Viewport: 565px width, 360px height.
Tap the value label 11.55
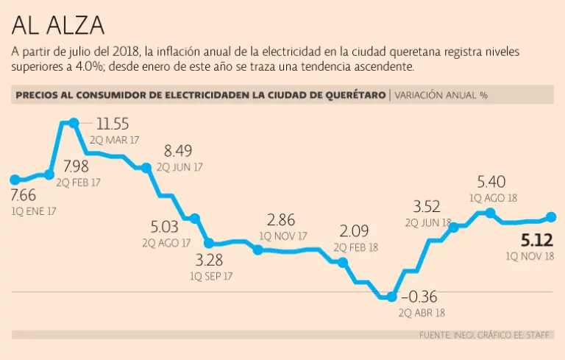pyautogui.click(x=113, y=124)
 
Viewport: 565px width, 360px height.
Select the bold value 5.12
pyautogui.click(x=537, y=240)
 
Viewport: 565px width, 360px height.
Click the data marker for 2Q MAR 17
pyautogui.click(x=74, y=123)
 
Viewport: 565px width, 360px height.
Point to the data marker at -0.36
pyautogui.click(x=391, y=297)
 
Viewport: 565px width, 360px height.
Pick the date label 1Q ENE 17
pyautogui.click(x=34, y=211)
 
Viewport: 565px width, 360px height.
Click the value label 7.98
pyautogui.click(x=77, y=166)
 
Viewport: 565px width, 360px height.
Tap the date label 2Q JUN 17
pyautogui.click(x=177, y=167)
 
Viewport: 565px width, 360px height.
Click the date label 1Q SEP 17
pyautogui.click(x=211, y=276)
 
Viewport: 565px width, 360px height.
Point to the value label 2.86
pyautogui.click(x=282, y=219)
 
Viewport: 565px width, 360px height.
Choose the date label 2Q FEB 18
pyautogui.click(x=356, y=247)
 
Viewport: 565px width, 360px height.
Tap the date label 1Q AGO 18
pyautogui.click(x=493, y=197)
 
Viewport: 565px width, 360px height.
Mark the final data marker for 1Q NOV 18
pyautogui.click(x=551, y=217)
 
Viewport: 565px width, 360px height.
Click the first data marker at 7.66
pyautogui.click(x=14, y=179)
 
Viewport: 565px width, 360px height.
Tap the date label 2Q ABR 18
pyautogui.click(x=422, y=312)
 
